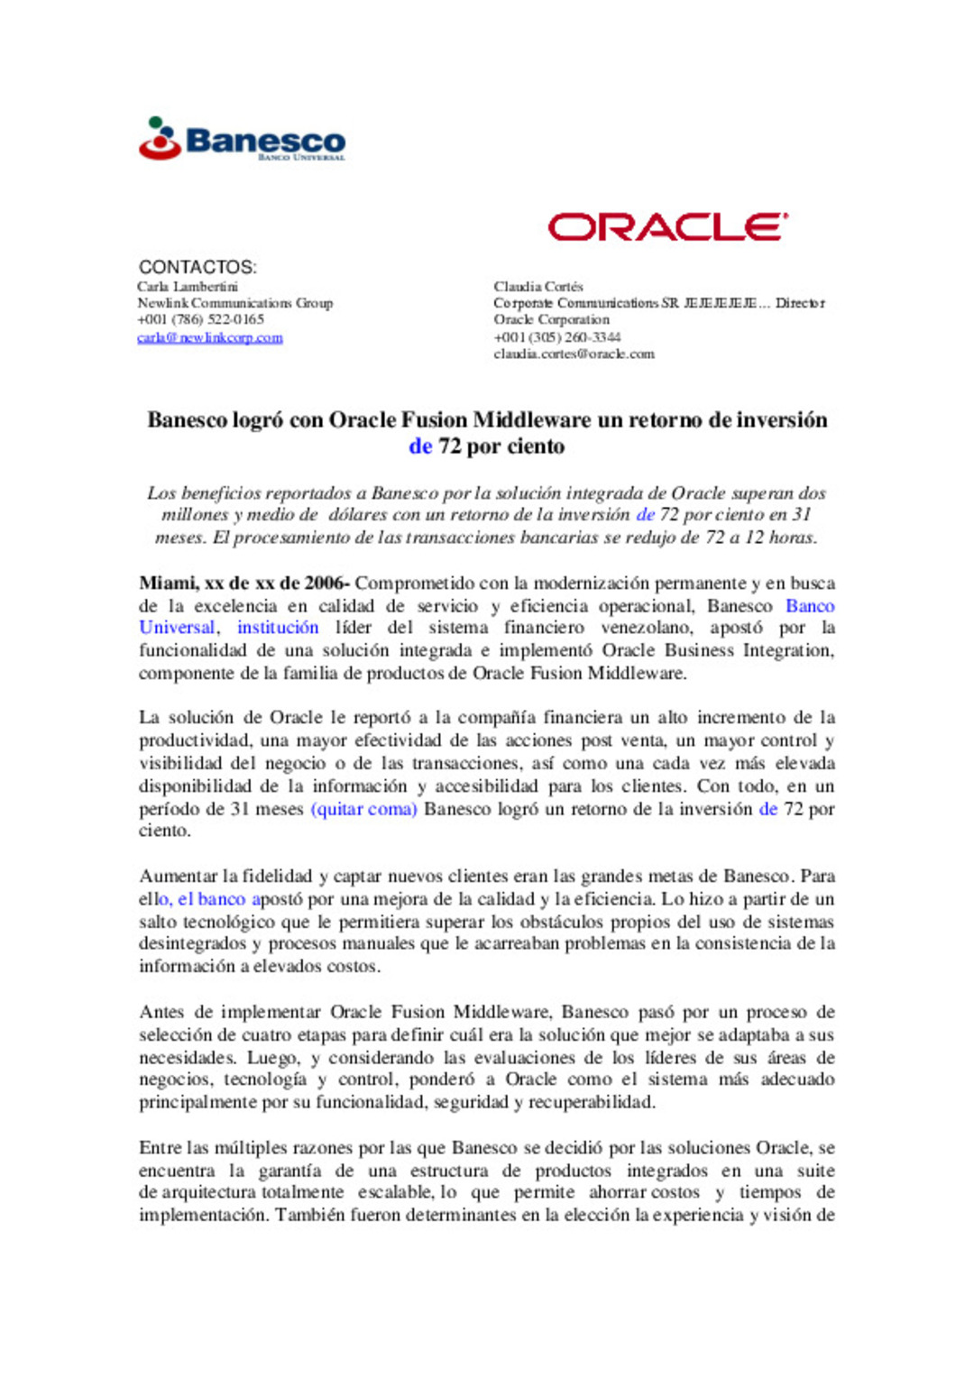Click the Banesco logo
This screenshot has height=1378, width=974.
(242, 140)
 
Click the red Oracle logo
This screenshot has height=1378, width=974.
(667, 226)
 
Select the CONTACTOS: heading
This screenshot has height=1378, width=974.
(198, 267)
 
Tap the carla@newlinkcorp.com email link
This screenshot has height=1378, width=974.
(210, 338)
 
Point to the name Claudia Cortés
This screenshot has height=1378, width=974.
(538, 287)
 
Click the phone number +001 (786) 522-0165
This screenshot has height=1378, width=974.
(201, 320)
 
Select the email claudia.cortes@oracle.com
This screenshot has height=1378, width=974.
(574, 354)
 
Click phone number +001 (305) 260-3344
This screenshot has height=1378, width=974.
(556, 337)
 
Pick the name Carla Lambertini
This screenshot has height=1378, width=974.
(188, 287)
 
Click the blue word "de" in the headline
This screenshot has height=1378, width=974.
(420, 446)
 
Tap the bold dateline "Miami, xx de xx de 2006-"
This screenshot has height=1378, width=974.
(243, 583)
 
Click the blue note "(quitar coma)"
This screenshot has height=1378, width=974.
(363, 809)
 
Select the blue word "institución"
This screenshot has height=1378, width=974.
(278, 628)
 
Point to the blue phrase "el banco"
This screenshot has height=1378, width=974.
(211, 899)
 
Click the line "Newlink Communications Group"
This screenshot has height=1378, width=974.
(235, 303)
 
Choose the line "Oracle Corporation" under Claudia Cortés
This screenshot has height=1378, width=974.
(551, 320)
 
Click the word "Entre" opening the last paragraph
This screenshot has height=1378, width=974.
(161, 1148)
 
